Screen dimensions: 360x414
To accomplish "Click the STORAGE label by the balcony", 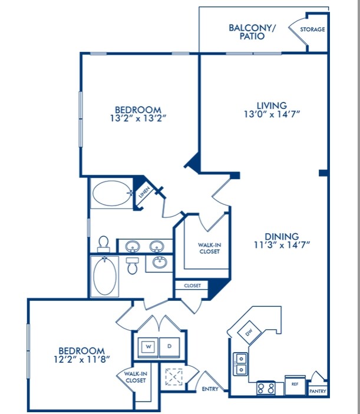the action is [x=312, y=29].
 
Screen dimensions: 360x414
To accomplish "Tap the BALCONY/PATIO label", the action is [x=252, y=32].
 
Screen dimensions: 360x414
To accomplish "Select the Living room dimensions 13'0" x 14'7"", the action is [x=272, y=114].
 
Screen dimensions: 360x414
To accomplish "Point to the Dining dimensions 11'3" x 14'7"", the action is [x=282, y=245].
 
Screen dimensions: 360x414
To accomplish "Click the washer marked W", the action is [x=148, y=347].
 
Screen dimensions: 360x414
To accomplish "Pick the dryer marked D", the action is [x=170, y=347].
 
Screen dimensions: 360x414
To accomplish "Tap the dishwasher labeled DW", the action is [x=249, y=332].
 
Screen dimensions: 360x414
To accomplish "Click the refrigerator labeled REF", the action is [x=295, y=385].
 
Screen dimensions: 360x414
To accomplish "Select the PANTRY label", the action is [x=318, y=391].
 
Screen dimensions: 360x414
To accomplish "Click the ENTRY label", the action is [x=210, y=389].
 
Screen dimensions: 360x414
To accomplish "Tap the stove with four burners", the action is [x=266, y=388].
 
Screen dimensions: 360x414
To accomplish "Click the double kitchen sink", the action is [x=240, y=363].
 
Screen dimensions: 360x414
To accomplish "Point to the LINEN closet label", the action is [x=144, y=192].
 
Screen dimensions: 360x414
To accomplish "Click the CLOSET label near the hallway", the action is [x=192, y=286].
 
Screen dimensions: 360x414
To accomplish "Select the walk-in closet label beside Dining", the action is [x=209, y=248].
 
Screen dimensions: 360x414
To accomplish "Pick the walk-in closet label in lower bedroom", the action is [x=136, y=377].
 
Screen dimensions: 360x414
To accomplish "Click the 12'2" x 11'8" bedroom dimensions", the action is [x=82, y=359].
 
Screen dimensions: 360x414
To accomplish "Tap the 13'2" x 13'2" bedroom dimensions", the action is [x=138, y=118].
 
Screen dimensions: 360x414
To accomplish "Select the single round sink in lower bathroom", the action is [x=160, y=263].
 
